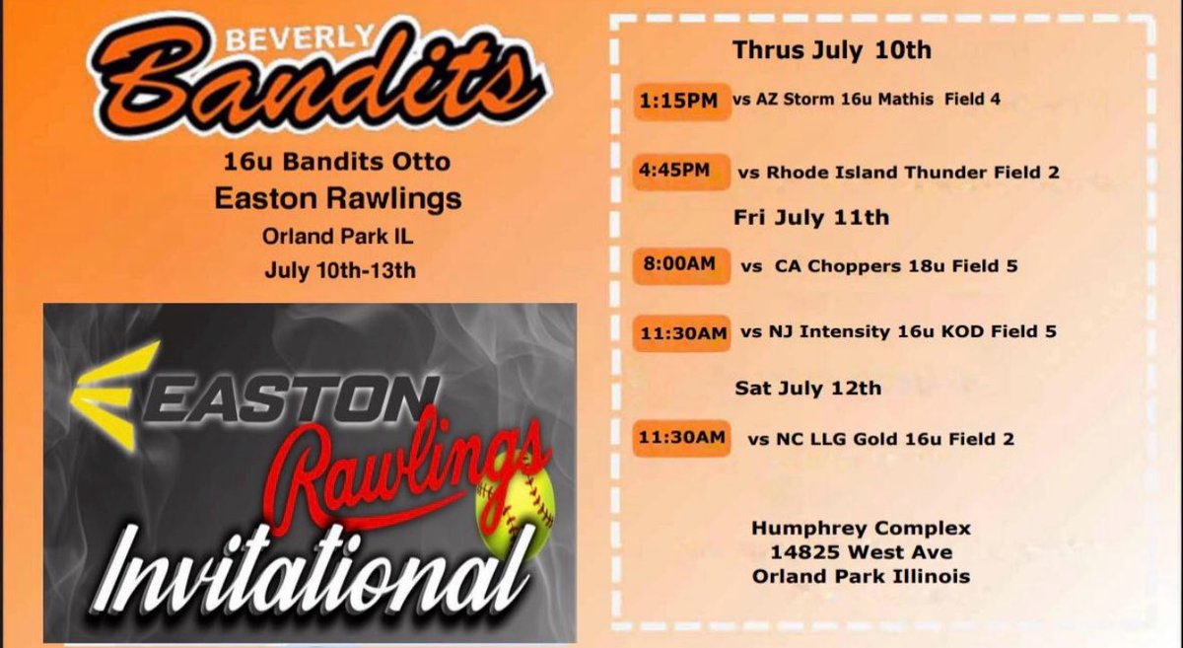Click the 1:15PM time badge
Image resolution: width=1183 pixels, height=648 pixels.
[x=680, y=100]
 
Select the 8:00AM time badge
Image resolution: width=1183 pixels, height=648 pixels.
[x=680, y=265]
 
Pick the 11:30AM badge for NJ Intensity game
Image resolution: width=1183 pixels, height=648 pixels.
[x=682, y=332]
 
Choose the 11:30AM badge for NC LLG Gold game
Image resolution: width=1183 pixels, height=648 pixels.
[x=682, y=438]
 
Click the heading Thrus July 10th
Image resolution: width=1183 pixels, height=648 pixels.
[x=831, y=50]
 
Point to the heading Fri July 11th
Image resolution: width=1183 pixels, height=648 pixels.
[x=810, y=217]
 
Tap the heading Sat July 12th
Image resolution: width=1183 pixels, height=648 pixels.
[x=807, y=389]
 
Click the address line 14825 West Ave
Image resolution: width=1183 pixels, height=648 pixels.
[x=861, y=552]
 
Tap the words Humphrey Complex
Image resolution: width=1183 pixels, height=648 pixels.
[x=861, y=528]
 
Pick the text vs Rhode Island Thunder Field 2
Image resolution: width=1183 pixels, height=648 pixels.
[x=898, y=173]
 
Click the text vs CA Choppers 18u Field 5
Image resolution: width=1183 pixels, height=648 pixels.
[x=880, y=266]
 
